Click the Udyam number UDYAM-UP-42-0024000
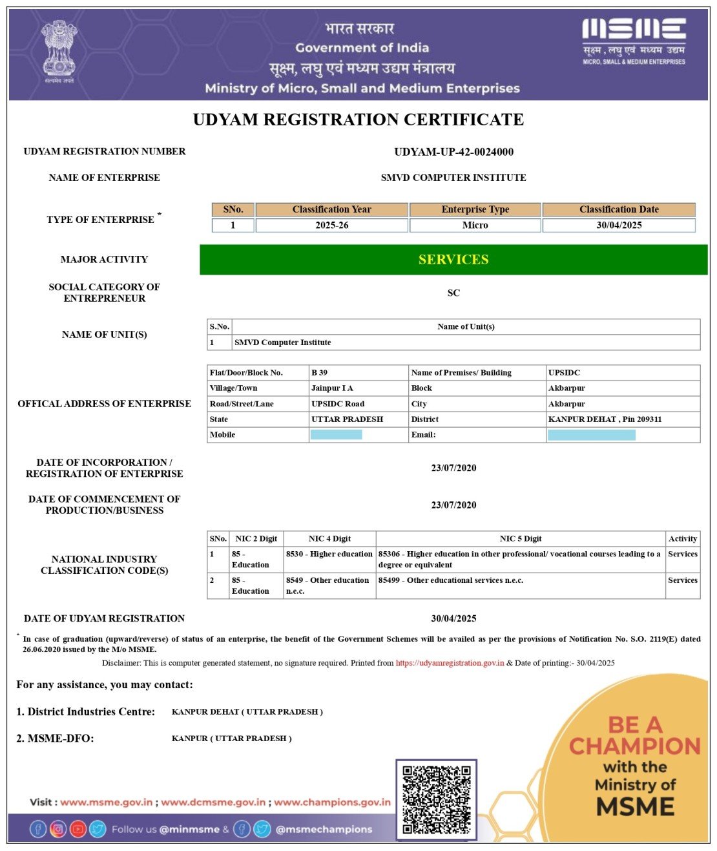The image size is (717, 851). (x=453, y=152)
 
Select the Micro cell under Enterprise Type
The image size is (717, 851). (x=475, y=226)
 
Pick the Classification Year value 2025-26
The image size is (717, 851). (x=331, y=226)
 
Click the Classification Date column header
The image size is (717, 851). (x=619, y=209)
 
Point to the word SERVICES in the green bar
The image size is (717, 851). (x=453, y=260)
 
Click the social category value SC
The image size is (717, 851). (x=453, y=293)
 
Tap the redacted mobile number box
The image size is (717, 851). (x=336, y=435)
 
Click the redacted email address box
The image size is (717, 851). (x=591, y=435)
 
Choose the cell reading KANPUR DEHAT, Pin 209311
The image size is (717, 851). (x=605, y=419)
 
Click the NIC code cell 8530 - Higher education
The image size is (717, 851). (x=329, y=554)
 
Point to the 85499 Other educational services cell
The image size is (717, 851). (x=451, y=580)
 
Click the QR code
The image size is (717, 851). (x=436, y=799)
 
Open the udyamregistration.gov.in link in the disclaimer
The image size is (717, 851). (x=450, y=663)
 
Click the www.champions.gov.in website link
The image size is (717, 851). (x=332, y=802)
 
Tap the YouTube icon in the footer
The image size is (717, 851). (x=78, y=829)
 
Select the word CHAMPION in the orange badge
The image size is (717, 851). (x=634, y=746)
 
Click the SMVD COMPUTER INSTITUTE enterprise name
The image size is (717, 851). (x=453, y=178)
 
